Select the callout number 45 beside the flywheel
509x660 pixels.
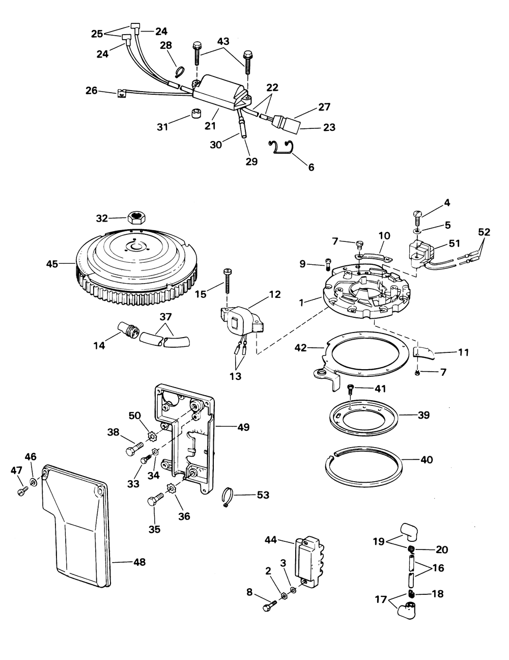(x=52, y=264)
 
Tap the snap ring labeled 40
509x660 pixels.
(x=363, y=464)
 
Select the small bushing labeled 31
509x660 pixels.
(x=196, y=113)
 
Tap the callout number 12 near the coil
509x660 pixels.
(x=275, y=294)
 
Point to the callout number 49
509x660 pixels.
(x=243, y=427)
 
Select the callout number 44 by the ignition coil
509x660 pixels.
(x=271, y=540)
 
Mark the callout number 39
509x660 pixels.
(x=423, y=415)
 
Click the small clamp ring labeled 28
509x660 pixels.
(x=181, y=72)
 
